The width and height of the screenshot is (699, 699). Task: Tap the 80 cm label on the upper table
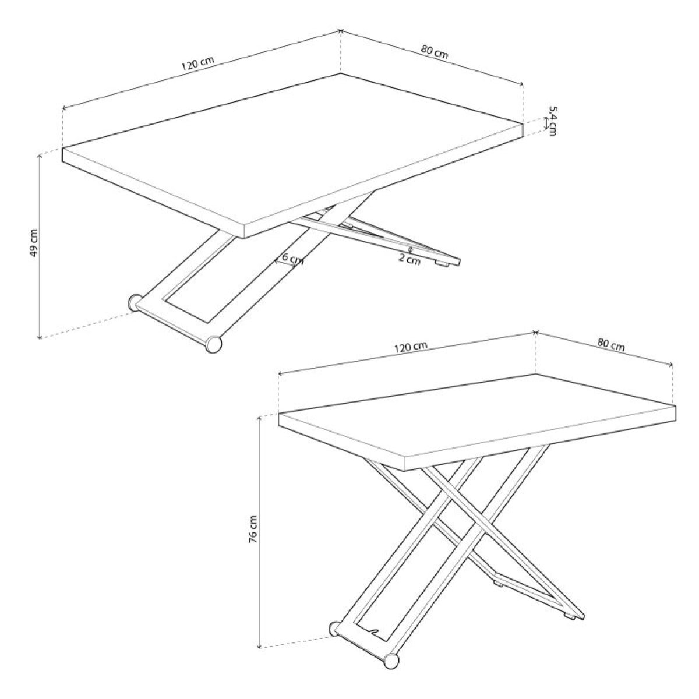(x=435, y=52)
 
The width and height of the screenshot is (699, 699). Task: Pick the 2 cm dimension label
(x=409, y=260)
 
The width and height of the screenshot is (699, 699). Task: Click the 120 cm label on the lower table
(x=411, y=347)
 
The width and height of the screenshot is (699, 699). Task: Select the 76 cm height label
(x=252, y=529)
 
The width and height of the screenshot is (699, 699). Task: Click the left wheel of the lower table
(x=336, y=629)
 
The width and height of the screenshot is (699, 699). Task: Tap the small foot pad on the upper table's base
(x=444, y=264)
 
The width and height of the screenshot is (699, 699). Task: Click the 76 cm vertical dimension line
(x=258, y=530)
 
